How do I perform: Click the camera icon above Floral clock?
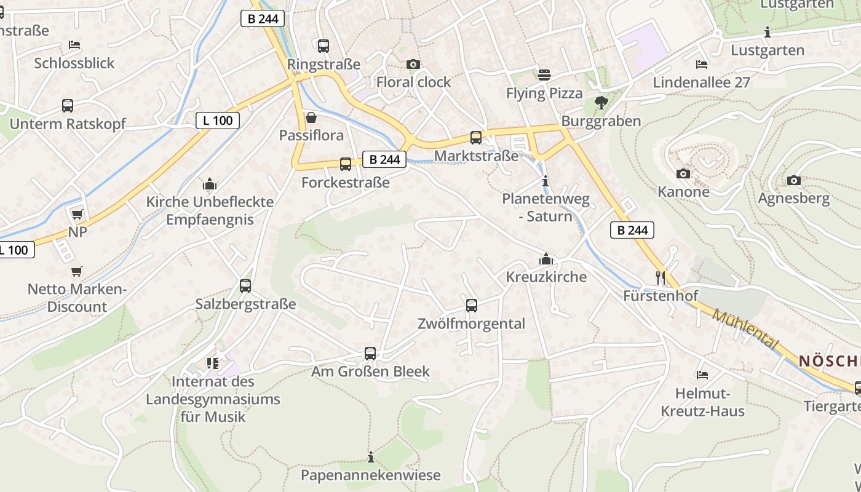[x=413, y=64]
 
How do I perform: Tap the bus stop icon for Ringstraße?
[x=323, y=46]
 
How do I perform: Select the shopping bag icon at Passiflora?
[x=311, y=117]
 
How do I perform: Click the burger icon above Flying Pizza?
[x=544, y=75]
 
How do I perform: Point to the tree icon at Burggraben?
[x=601, y=103]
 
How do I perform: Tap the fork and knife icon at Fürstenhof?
[x=661, y=277]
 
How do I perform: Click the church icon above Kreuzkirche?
[x=546, y=259]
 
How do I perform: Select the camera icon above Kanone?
[x=683, y=174]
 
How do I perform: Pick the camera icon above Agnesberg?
[x=794, y=180]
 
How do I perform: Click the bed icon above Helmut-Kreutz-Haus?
[x=702, y=375]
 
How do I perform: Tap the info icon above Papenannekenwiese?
[x=370, y=457]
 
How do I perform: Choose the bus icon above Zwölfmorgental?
[x=471, y=305]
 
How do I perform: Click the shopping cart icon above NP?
[x=77, y=214]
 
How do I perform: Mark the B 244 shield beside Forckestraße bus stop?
[x=385, y=160]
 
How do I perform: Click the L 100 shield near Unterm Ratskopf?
[x=218, y=121]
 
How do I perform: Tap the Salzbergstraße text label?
[x=245, y=304]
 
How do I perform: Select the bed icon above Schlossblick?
[x=74, y=45]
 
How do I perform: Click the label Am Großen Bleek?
[x=370, y=371]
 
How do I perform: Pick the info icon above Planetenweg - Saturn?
[x=545, y=181]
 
